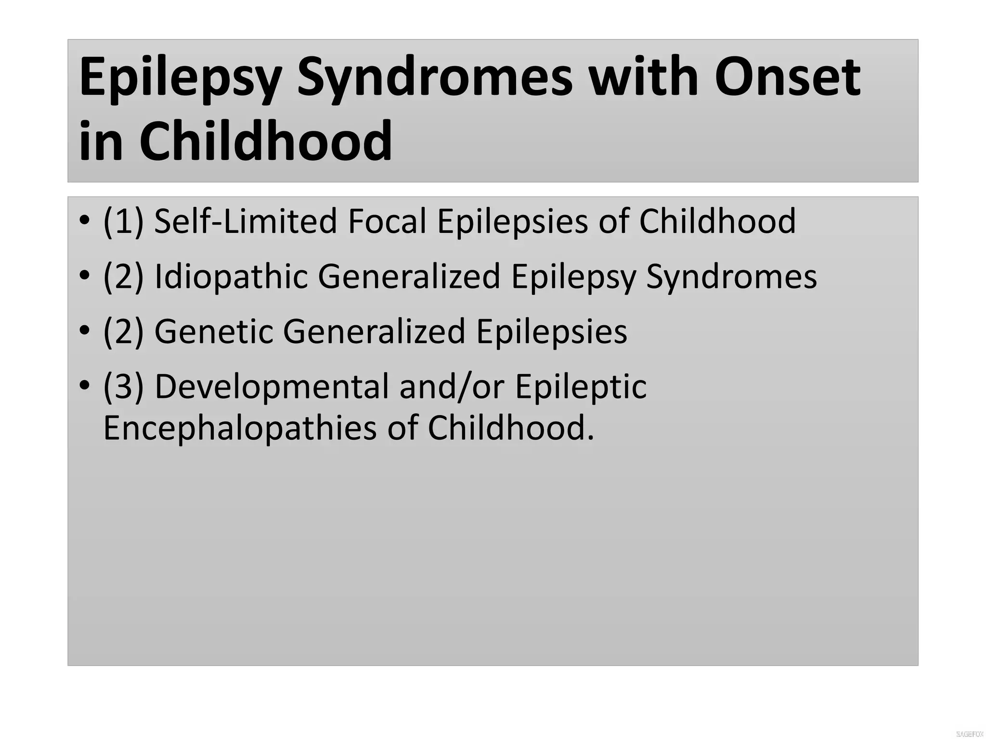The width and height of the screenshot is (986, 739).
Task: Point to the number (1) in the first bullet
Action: coord(123,221)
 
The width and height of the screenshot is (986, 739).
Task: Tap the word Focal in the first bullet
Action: coord(387,221)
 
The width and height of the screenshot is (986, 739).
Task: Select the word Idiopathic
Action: coord(231,277)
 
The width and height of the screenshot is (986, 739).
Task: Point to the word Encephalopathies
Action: coord(240,428)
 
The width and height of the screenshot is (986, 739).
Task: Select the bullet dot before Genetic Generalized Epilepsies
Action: coord(85,331)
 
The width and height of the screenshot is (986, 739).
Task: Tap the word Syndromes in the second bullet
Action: coord(731,277)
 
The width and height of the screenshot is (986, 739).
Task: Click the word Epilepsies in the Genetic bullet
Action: coord(552,331)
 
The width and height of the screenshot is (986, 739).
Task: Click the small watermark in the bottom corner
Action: coord(969,734)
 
